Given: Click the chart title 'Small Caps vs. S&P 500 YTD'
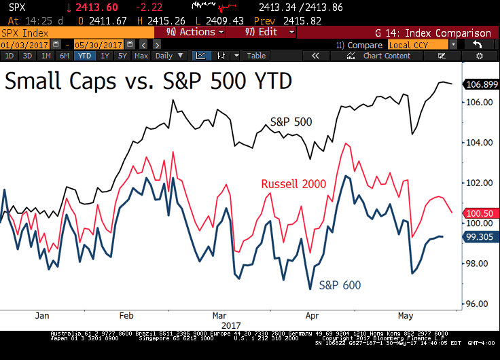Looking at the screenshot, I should (x=149, y=82).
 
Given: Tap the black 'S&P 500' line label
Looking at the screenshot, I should (x=291, y=122).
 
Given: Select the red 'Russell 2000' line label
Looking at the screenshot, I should (x=293, y=184).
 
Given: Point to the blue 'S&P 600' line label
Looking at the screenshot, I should (x=340, y=285).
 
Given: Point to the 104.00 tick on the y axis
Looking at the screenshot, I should (x=478, y=143).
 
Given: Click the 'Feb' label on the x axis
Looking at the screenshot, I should (x=127, y=316).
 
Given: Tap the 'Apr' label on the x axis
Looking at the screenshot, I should (x=312, y=316).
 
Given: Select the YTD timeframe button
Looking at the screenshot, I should (x=84, y=56).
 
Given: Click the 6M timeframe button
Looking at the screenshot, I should (x=64, y=56).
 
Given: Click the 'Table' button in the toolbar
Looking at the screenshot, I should (x=256, y=56).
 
